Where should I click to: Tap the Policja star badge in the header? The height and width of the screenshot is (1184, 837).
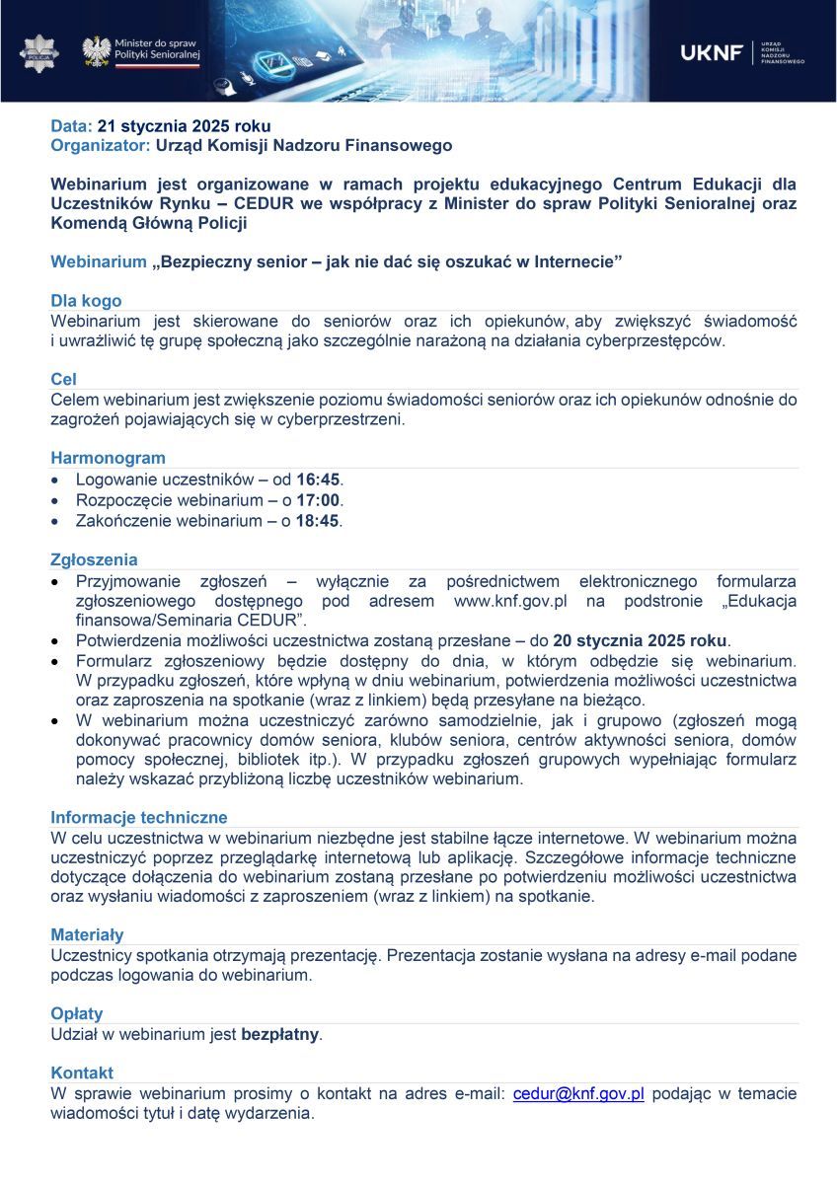[x=39, y=52]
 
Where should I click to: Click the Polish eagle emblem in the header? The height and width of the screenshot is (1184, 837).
[x=96, y=51]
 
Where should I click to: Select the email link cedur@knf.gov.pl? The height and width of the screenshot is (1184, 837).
[x=578, y=1094]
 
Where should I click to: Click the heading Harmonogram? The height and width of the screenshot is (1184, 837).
[x=109, y=458]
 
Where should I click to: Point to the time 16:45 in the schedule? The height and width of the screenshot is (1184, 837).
[x=318, y=480]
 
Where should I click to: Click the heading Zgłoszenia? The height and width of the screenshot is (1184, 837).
[x=95, y=560]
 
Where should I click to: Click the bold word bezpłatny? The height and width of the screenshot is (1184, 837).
[x=280, y=1035]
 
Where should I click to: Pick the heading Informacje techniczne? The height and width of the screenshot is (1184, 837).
[x=139, y=817]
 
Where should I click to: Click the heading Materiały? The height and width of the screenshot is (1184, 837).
[x=88, y=934]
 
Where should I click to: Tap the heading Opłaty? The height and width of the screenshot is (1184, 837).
[x=77, y=1013]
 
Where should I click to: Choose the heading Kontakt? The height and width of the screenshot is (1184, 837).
[x=82, y=1073]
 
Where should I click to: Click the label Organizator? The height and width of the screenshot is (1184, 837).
[x=101, y=145]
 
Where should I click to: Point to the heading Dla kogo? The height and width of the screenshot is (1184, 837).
[x=87, y=301]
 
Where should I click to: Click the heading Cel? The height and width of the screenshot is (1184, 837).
[x=64, y=379]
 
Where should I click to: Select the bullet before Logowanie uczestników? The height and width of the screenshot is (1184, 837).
[x=56, y=481]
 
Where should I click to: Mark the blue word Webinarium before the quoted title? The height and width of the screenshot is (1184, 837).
[x=99, y=261]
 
